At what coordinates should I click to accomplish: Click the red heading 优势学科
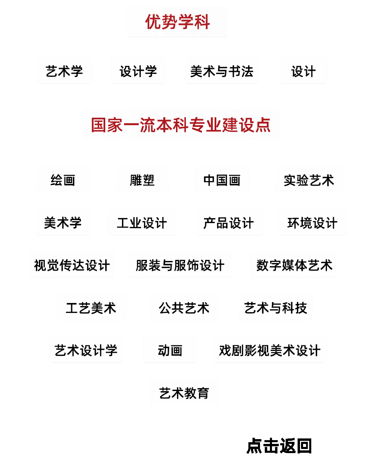click(177, 22)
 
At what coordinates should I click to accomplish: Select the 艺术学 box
click(64, 71)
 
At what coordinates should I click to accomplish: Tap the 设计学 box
click(138, 71)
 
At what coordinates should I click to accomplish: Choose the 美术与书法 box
click(221, 71)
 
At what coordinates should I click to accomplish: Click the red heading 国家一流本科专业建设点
click(180, 125)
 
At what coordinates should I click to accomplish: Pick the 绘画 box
click(63, 179)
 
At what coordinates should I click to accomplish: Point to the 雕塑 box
click(142, 179)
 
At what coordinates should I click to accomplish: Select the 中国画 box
click(222, 179)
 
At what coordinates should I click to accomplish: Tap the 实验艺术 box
click(309, 179)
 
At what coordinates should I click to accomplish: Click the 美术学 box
click(63, 222)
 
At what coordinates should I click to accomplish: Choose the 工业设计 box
click(142, 222)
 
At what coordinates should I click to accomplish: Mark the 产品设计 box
click(229, 222)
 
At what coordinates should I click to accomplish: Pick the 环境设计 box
click(313, 222)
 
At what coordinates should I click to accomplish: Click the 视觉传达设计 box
click(71, 264)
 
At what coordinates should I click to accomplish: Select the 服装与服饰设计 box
click(180, 264)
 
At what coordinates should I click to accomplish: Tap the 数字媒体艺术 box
click(293, 264)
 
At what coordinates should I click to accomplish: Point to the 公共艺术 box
click(184, 307)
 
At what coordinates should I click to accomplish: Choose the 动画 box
click(170, 350)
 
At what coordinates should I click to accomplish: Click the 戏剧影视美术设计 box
click(270, 350)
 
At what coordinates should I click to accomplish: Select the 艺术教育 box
click(184, 392)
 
